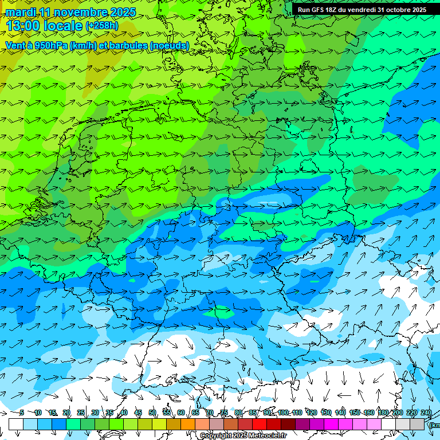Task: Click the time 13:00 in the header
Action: (23, 26)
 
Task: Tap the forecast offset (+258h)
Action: (102, 26)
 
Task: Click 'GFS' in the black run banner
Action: (320, 10)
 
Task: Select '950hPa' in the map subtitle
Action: (48, 45)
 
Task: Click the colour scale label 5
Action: (22, 412)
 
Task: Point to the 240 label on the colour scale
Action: (426, 412)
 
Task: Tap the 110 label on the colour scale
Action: (297, 412)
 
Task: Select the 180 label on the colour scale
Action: (383, 412)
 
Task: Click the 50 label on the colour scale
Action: (152, 412)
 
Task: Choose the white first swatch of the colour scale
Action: (16, 424)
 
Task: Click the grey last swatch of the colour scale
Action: (417, 424)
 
